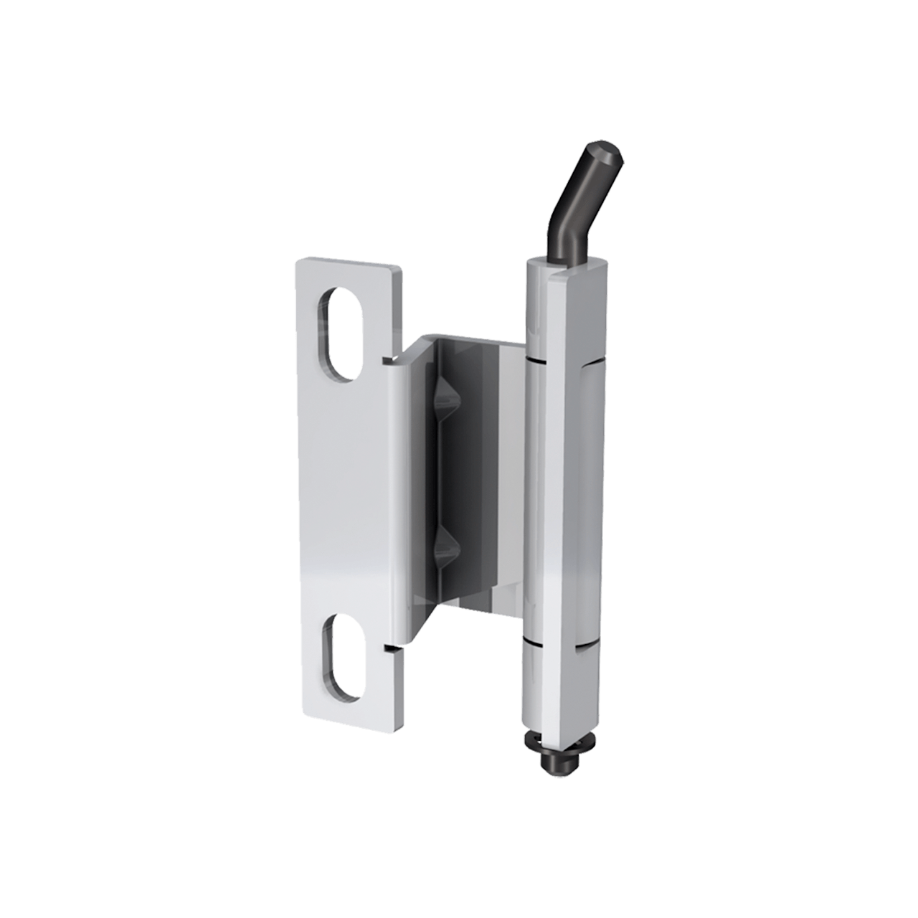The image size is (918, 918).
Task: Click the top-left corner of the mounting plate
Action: (296, 262)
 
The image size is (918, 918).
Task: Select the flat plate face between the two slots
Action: (344, 495)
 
